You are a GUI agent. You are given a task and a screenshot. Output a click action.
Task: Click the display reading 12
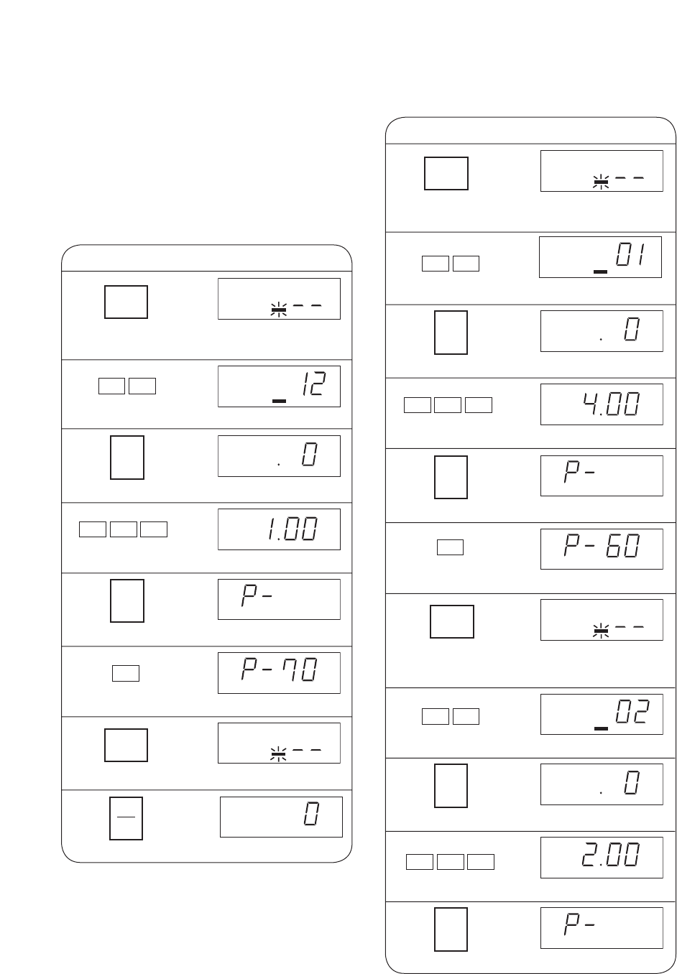point(279,386)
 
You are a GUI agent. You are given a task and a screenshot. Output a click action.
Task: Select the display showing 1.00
point(279,529)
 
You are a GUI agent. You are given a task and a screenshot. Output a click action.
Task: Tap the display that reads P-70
point(279,672)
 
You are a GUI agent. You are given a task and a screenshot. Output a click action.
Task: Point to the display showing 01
point(600,257)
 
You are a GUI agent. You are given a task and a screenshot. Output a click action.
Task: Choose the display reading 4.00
point(602,404)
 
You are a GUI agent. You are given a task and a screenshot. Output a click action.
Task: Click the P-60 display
point(602,549)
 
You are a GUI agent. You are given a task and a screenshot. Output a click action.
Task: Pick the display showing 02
point(602,714)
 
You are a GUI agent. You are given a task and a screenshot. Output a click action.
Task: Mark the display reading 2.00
point(602,858)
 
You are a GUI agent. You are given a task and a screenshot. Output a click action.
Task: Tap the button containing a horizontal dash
point(126,818)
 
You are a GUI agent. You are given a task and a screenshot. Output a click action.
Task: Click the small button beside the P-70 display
point(126,673)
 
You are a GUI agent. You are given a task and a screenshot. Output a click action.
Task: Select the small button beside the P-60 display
point(451,547)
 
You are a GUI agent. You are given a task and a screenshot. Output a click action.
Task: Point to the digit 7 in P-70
point(288,669)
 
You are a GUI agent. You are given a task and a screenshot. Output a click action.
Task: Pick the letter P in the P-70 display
point(249,670)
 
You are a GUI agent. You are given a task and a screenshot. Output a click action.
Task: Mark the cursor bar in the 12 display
point(279,401)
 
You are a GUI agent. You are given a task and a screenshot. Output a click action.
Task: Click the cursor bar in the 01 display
point(600,272)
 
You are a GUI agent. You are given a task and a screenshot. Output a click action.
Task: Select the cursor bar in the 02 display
point(601,728)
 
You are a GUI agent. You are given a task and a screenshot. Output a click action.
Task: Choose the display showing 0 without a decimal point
point(281,817)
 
